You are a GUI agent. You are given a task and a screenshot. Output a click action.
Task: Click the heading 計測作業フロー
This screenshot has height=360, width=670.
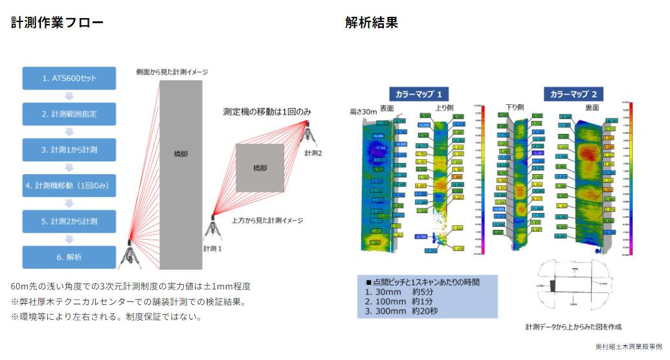(57, 23)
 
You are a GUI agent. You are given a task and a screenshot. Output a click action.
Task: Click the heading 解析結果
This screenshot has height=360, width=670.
(372, 23)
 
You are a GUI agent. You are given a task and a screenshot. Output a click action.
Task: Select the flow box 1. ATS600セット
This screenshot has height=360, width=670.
(69, 78)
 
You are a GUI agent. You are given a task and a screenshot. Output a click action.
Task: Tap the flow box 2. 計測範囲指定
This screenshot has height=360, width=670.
(69, 114)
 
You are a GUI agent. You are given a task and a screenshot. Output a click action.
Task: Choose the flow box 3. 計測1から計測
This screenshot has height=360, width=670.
(69, 150)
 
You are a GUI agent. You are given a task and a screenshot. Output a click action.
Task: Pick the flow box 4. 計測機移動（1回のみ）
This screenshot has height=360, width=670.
(69, 185)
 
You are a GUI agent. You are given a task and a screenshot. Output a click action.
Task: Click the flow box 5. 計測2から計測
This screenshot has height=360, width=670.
(69, 221)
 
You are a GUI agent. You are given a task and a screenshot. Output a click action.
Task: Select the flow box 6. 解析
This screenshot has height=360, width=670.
(69, 257)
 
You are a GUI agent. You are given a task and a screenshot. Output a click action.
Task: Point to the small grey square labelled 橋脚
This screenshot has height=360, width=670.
(259, 168)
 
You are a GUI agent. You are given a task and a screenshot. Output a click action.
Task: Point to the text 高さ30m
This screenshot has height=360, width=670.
(363, 111)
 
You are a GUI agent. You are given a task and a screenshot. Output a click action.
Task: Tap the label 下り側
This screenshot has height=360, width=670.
(515, 107)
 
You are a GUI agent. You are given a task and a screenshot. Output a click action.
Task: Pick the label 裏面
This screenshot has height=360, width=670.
(591, 107)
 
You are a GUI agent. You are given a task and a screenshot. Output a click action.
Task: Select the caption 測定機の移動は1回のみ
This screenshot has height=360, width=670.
(267, 112)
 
